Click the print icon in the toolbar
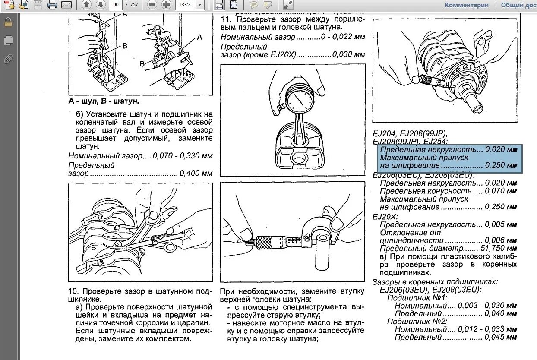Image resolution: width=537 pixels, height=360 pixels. (x=52, y=5)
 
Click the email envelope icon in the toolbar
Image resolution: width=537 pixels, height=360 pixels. (x=66, y=5)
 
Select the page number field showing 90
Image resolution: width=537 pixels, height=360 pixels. (x=116, y=5)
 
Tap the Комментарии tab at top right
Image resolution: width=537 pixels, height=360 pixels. (x=467, y=5)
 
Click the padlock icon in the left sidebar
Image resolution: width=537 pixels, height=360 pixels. (x=8, y=22)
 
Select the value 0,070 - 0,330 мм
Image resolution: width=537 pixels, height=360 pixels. (x=186, y=156)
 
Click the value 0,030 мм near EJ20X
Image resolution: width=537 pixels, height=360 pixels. (x=349, y=54)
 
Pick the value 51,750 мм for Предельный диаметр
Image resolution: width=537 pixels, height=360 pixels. (x=501, y=249)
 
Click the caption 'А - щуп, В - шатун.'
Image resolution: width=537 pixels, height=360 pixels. (x=104, y=101)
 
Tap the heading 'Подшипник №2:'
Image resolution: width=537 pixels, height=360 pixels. (x=417, y=321)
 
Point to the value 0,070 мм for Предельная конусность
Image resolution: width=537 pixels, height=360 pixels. (x=501, y=191)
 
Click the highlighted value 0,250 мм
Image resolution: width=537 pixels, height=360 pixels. (x=501, y=166)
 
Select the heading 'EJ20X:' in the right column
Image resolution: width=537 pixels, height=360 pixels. (x=385, y=216)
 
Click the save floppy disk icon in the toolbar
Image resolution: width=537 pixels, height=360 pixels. (x=38, y=5)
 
